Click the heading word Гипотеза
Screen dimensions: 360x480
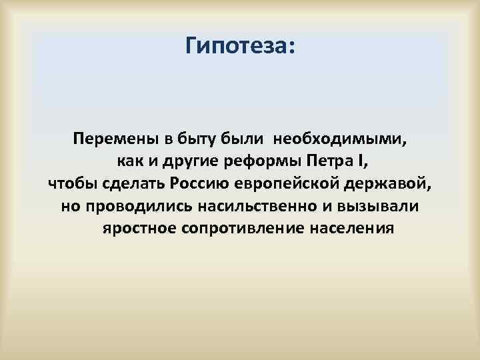point(240,46)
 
